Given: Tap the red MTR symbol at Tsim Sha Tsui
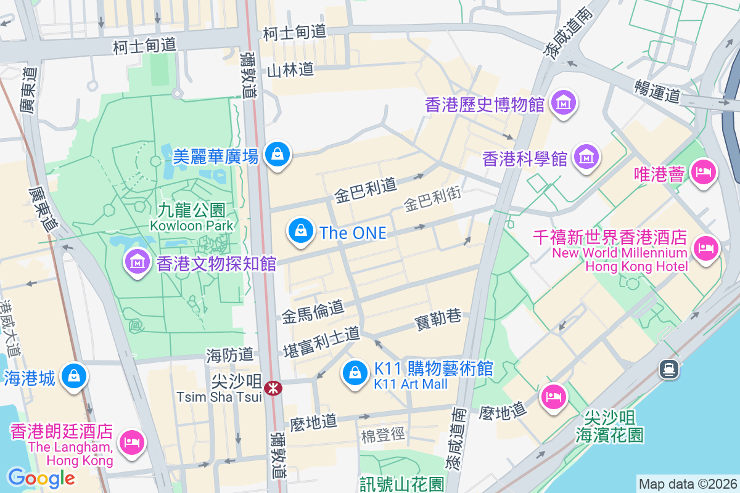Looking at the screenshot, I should pyautogui.click(x=272, y=388).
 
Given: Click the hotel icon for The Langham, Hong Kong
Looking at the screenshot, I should pyautogui.click(x=131, y=441).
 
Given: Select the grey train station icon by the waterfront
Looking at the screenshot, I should pyautogui.click(x=668, y=369).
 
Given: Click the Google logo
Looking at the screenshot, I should pyautogui.click(x=41, y=478).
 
